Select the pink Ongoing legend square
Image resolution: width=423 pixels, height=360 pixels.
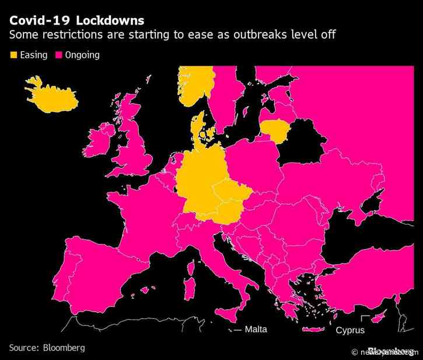59,55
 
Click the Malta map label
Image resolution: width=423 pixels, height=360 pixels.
256,330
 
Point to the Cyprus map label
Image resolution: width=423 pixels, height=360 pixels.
350,330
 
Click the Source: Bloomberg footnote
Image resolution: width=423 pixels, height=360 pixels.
46,348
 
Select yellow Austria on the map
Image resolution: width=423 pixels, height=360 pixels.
228,213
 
